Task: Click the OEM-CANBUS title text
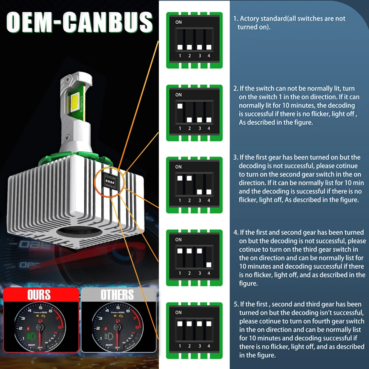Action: (80, 22)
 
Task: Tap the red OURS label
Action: (39, 294)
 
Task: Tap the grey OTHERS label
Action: (117, 295)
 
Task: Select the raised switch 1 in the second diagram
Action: (180, 106)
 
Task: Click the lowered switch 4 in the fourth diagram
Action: (209, 265)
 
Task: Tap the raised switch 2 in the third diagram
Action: (190, 178)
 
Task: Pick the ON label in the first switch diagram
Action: (178, 22)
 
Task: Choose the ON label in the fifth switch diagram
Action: (178, 312)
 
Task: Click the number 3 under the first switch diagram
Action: (199, 56)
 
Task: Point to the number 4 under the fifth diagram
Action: (209, 346)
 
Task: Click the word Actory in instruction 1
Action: (249, 19)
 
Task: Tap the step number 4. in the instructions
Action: (236, 232)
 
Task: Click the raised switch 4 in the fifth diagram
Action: (209, 323)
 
